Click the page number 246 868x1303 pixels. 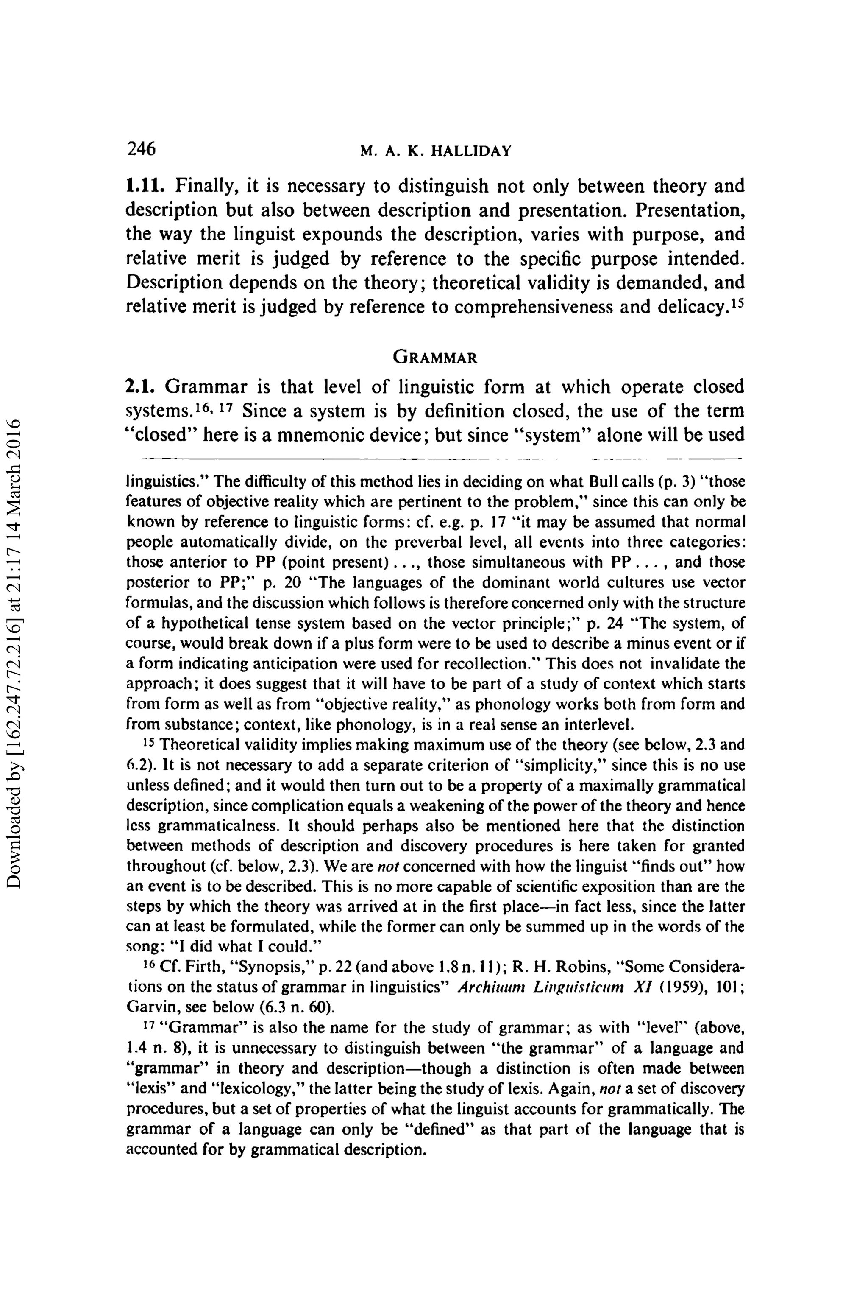click(141, 149)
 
